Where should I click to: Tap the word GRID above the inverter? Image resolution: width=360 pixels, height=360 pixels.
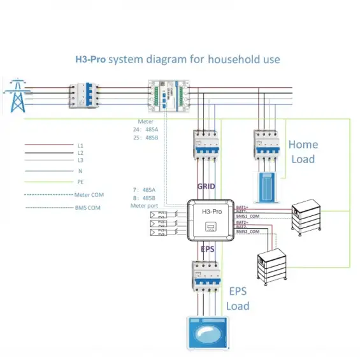coord(206,187)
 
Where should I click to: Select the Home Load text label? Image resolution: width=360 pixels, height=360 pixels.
coord(303,152)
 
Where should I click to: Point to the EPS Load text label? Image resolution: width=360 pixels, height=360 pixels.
coord(238,299)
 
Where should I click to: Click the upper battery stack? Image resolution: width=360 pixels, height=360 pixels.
coord(308,220)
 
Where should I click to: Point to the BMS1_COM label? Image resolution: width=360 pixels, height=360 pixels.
coord(248,217)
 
